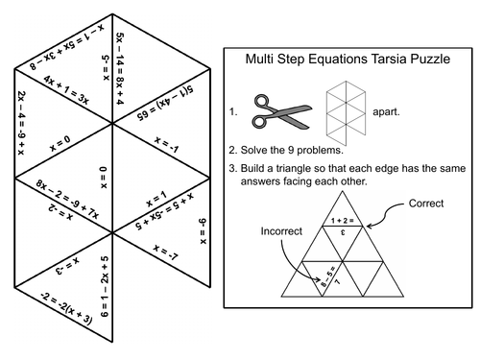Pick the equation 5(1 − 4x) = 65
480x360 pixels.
(171, 105)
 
